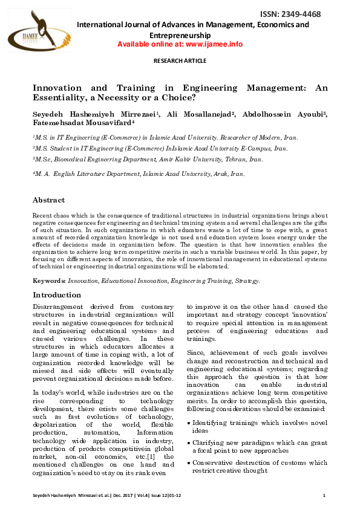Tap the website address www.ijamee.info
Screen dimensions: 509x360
coord(212,44)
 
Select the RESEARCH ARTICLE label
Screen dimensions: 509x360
coord(180,62)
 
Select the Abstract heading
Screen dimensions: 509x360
coord(48,199)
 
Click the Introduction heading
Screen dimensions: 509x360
coord(56,295)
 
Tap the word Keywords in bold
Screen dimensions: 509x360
coord(49,281)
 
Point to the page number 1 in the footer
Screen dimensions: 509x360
coord(324,496)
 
